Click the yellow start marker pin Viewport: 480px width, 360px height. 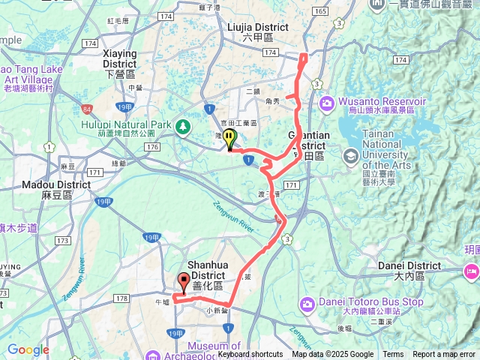(x=229, y=138)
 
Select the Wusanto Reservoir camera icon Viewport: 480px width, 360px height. (x=327, y=103)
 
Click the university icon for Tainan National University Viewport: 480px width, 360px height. (x=350, y=156)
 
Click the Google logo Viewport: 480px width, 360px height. (x=28, y=349)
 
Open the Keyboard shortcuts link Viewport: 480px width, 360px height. (x=250, y=355)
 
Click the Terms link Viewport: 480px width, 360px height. (x=393, y=355)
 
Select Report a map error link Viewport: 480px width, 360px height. (x=444, y=355)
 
